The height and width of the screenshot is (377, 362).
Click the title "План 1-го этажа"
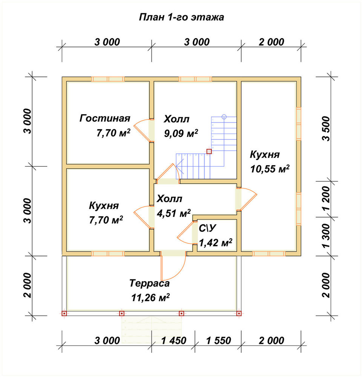point(182,17)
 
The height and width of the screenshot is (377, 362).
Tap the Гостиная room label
point(105,118)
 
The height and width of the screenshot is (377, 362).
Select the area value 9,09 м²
point(181,133)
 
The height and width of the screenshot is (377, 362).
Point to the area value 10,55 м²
point(270,169)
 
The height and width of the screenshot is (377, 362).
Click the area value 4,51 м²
point(174,213)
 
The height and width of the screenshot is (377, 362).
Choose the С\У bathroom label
point(207,228)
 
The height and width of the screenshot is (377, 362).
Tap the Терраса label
point(149,283)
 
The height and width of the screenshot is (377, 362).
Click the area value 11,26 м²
point(150,298)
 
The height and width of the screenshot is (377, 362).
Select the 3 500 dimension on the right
point(326,129)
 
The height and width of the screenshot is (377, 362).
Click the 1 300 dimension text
point(326,236)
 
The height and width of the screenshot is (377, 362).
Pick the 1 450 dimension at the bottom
point(174,340)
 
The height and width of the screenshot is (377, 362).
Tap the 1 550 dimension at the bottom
point(218,340)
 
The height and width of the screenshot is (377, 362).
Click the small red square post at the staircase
point(209,151)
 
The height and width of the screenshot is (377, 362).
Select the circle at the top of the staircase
point(224,117)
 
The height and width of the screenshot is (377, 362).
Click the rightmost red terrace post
point(239,314)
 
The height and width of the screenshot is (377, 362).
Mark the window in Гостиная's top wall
point(108,79)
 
